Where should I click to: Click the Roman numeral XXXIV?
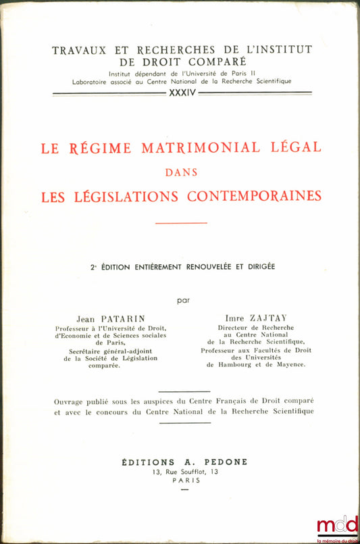pyautogui.click(x=180, y=92)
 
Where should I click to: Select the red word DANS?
pyautogui.click(x=181, y=172)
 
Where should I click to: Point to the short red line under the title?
pyautogui.click(x=181, y=222)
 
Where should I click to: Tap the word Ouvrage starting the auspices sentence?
pyautogui.click(x=70, y=402)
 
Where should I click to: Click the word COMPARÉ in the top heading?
pyautogui.click(x=203, y=61)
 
